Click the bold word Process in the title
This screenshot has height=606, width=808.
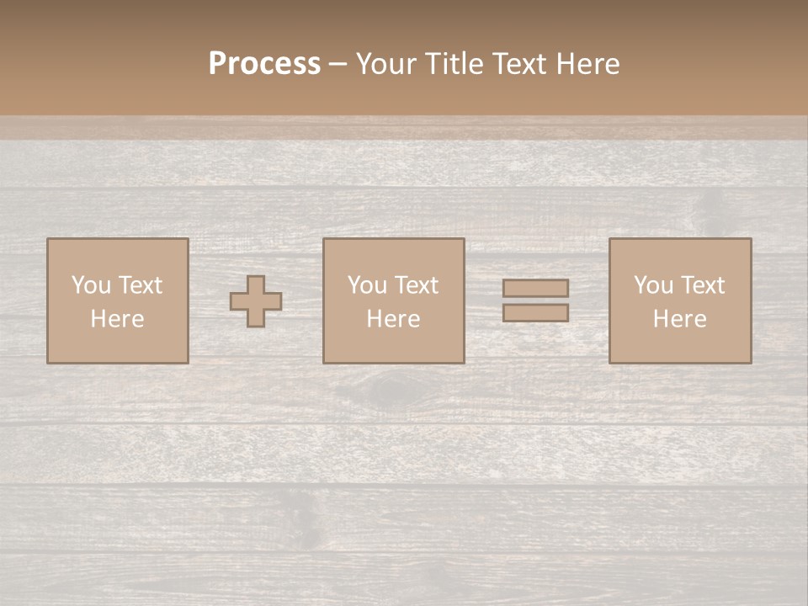pyautogui.click(x=264, y=64)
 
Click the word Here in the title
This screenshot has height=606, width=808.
pyautogui.click(x=588, y=64)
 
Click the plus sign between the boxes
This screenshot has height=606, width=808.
pyautogui.click(x=256, y=301)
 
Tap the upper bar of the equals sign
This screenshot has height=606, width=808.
pyautogui.click(x=535, y=288)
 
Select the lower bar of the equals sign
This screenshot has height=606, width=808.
pyautogui.click(x=535, y=313)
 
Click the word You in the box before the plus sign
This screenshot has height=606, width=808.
pyautogui.click(x=91, y=285)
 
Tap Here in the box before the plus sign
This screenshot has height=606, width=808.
pyautogui.click(x=117, y=319)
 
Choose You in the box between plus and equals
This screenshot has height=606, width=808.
pyautogui.click(x=367, y=285)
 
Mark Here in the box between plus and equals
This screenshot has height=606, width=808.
pyautogui.click(x=393, y=319)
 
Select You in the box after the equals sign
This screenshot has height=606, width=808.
pyautogui.click(x=653, y=285)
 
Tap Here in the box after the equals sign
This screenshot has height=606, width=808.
pyautogui.click(x=679, y=319)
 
